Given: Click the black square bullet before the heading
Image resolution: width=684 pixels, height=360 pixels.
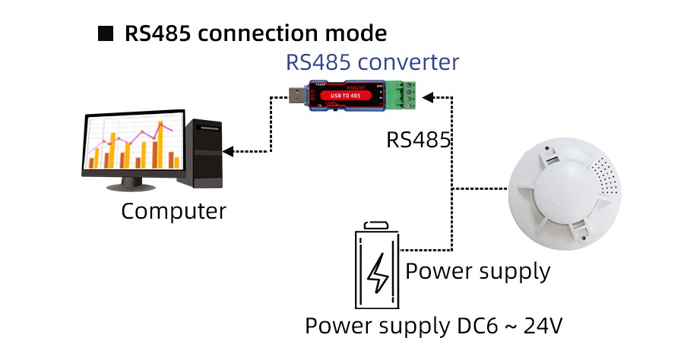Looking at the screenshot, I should tap(106, 34).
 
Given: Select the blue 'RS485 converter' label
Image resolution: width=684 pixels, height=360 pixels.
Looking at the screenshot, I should tap(372, 62).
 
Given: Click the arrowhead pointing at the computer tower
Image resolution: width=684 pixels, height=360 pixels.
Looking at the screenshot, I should tap(228, 152).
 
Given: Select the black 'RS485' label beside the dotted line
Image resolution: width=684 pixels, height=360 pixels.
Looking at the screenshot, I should tap(419, 141).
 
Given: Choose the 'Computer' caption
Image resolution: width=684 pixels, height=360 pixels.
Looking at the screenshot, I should tap(173, 210).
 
